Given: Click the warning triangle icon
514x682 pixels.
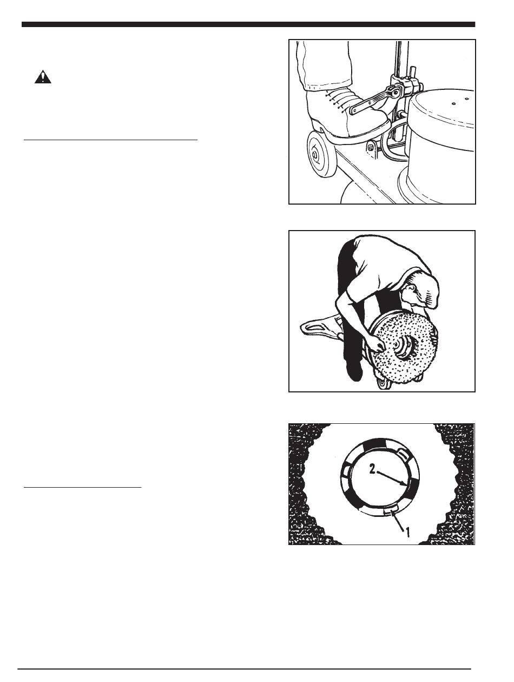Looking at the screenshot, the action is tap(43, 77).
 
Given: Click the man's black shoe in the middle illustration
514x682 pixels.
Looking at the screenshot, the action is tap(355, 373).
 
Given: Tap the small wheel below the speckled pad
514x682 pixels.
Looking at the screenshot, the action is tap(383, 383).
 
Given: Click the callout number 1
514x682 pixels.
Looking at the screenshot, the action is tap(408, 532).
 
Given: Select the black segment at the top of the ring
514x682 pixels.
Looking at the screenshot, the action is tap(377, 444).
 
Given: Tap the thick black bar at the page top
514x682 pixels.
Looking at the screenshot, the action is tap(248, 24).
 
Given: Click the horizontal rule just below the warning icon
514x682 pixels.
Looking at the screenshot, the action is tap(110, 140).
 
